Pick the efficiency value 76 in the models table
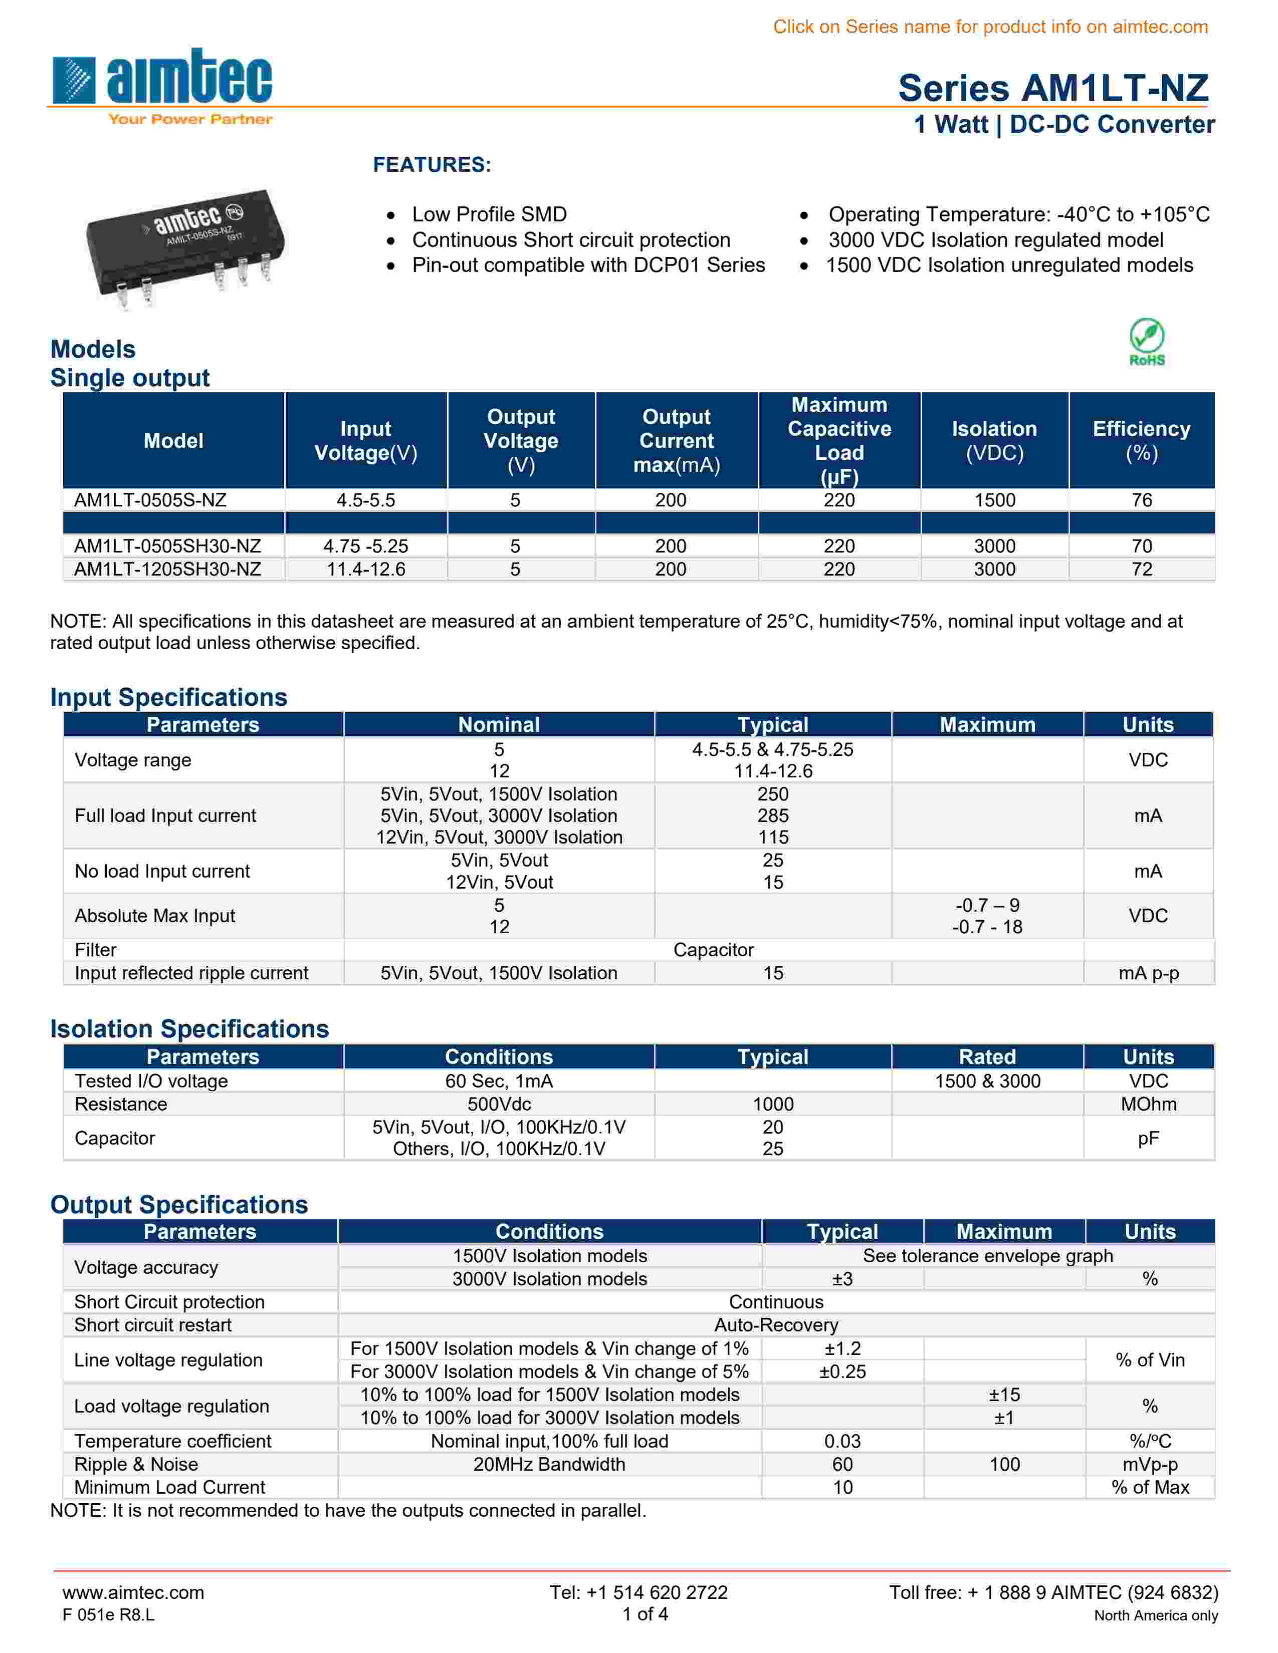coord(1141,500)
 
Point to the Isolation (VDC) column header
coord(994,440)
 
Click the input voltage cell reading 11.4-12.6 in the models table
coord(366,569)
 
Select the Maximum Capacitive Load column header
coord(839,440)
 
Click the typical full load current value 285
coord(772,816)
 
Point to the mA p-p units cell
coord(1148,973)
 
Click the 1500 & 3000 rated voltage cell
coord(987,1081)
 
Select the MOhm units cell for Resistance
coord(1148,1105)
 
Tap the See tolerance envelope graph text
coord(987,1256)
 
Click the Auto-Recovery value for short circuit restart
coord(776,1325)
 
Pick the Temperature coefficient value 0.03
coord(842,1441)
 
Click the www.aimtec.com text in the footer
coord(133,1592)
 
